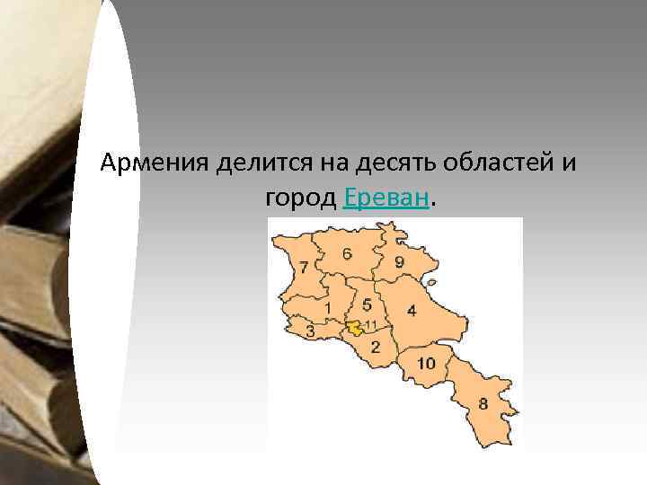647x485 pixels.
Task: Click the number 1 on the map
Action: [x=328, y=308]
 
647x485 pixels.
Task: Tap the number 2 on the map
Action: [x=376, y=346]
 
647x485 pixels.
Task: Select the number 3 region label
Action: [x=310, y=331]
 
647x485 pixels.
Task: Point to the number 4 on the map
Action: [x=412, y=311]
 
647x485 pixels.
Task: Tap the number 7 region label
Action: [x=304, y=267]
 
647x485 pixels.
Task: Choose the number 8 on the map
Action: [x=483, y=404]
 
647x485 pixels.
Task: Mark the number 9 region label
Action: [x=399, y=262]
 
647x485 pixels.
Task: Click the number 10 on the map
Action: [x=426, y=362]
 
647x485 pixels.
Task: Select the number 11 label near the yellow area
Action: [x=370, y=323]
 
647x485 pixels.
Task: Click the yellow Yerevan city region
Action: [x=357, y=328]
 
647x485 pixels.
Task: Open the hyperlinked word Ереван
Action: [x=386, y=197]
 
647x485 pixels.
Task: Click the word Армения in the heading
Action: [x=154, y=164]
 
